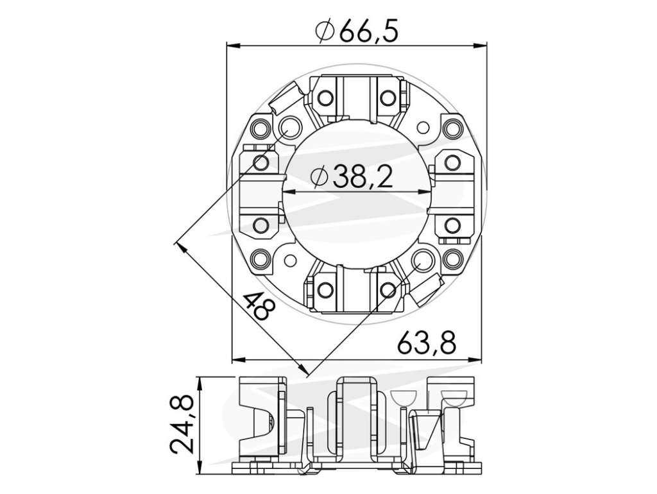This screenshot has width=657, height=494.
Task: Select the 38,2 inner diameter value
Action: (x=363, y=177)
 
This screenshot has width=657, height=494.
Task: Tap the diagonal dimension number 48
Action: (x=259, y=306)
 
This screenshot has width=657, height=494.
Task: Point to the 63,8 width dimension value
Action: (x=427, y=343)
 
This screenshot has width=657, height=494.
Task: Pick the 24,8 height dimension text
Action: (x=182, y=426)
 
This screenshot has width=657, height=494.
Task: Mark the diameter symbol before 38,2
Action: (x=319, y=177)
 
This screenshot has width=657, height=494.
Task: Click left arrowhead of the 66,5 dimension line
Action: (x=233, y=44)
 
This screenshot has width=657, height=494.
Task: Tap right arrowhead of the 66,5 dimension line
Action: (x=480, y=44)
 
